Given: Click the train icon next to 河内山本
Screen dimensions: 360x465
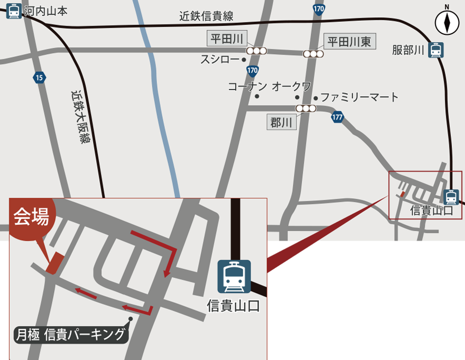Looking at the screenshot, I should (14, 11).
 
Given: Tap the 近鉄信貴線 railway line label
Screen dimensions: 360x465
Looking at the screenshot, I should (206, 16).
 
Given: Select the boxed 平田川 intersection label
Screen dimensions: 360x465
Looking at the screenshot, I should (226, 38).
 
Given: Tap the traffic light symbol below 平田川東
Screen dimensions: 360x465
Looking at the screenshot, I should (314, 54).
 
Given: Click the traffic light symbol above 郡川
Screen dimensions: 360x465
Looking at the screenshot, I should (306, 108).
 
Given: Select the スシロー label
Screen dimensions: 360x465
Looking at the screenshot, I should (220, 60).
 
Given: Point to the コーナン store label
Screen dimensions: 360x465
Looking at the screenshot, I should (248, 86).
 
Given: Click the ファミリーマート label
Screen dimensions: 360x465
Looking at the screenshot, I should (359, 97).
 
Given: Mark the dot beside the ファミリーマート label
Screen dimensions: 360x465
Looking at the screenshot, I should (315, 97).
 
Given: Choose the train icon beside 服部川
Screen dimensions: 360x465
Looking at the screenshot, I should (436, 50).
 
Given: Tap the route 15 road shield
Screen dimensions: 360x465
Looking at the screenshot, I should (39, 78).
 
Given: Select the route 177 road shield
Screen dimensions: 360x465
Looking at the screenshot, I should (337, 118).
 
